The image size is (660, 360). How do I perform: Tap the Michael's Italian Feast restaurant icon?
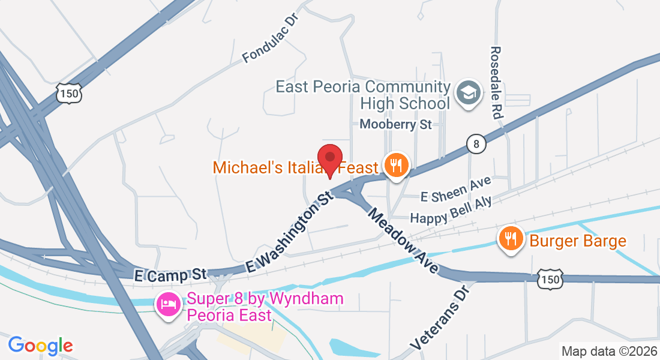(x=396, y=164)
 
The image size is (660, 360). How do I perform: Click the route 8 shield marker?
(x=476, y=144)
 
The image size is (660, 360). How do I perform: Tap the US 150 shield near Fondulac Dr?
(x=70, y=94)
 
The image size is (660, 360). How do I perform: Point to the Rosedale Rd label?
(x=496, y=82)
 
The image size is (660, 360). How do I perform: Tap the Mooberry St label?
(x=396, y=125)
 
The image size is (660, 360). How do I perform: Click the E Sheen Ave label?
(x=456, y=189)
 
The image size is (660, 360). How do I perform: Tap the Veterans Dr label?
(x=440, y=318)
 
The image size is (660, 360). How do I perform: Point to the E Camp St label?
(x=170, y=274)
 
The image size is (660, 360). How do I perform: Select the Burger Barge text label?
(x=577, y=241)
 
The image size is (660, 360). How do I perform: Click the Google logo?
(x=40, y=346)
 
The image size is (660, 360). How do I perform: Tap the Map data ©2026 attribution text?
(x=608, y=351)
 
